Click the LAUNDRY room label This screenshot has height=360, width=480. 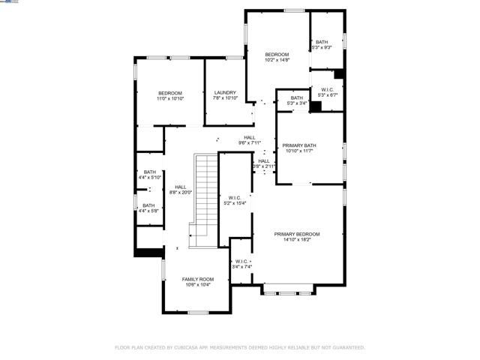pos(225,93)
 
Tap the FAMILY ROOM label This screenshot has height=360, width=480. pos(197,279)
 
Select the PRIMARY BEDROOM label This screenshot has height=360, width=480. pos(292,235)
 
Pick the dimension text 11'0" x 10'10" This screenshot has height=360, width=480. pos(169,98)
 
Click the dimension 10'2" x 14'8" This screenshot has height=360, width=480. pos(277,60)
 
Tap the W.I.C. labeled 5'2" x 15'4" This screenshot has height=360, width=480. pos(234,198)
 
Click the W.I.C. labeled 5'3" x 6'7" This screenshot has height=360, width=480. pos(328,90)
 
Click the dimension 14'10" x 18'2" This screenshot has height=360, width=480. pos(292,240)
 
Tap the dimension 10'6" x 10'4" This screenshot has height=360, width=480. pos(197,284)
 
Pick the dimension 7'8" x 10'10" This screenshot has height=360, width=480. pos(225,98)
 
